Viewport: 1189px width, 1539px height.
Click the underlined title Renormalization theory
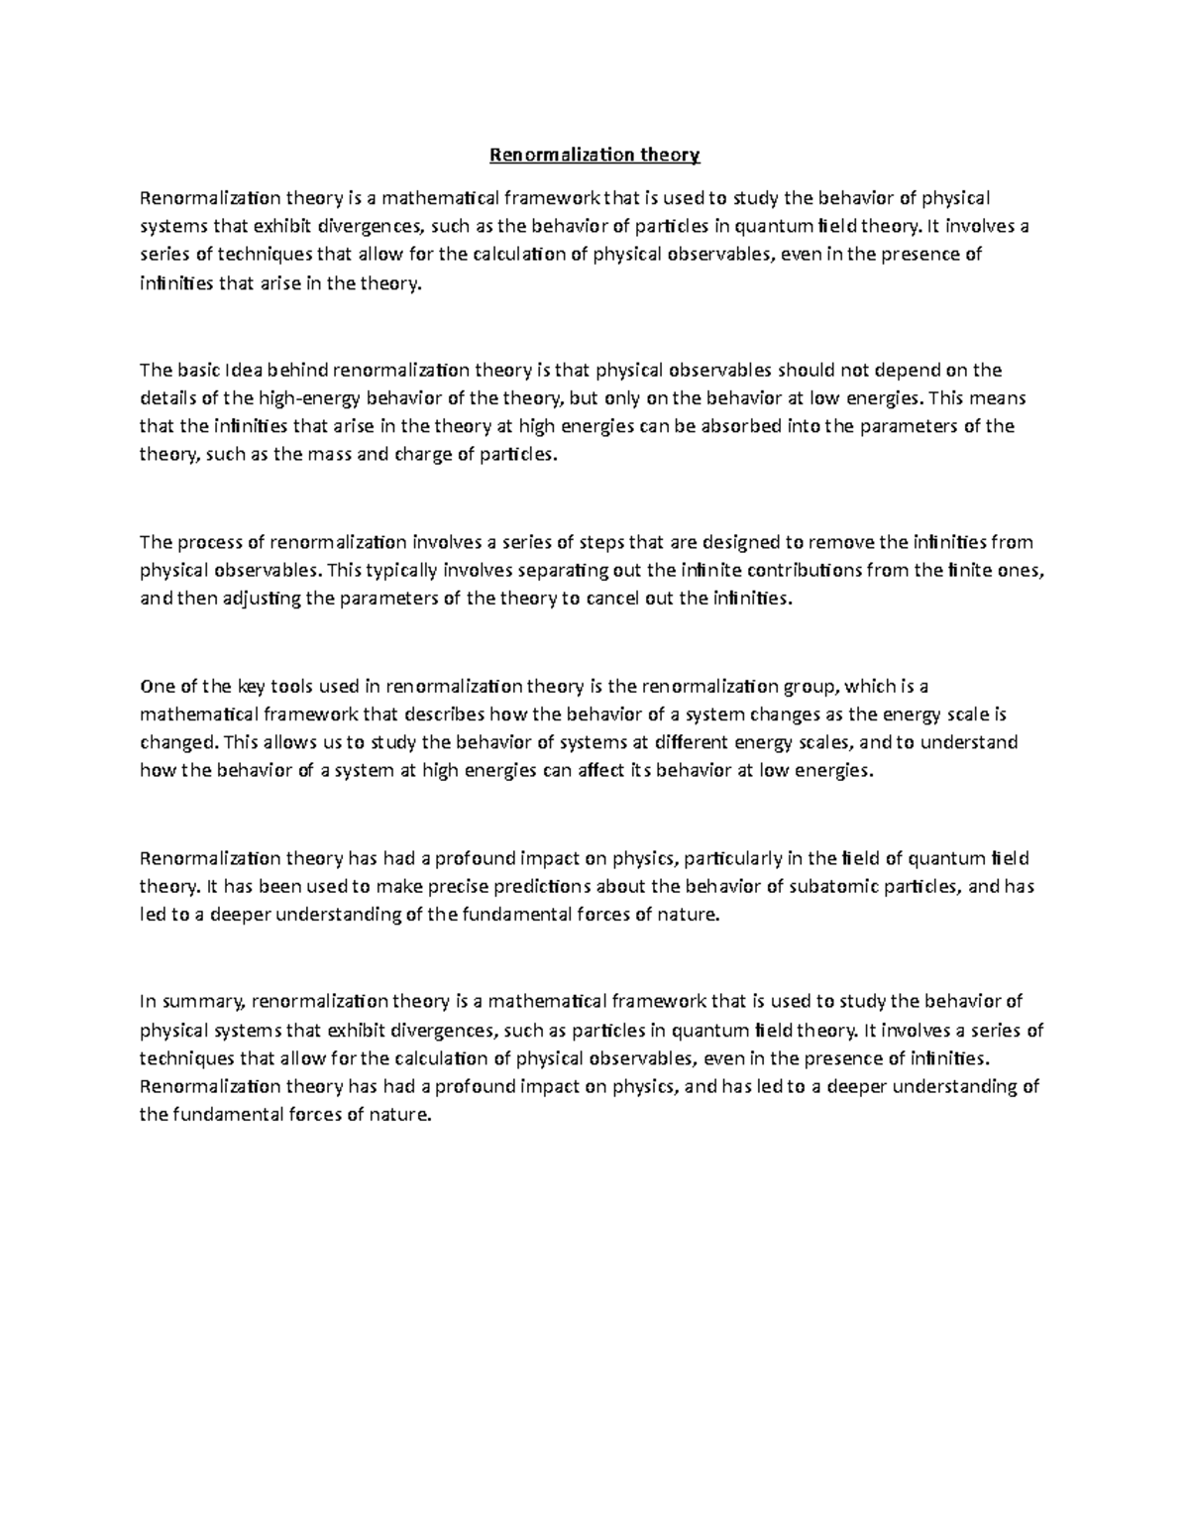tap(594, 155)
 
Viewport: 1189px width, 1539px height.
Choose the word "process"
tap(211, 542)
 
